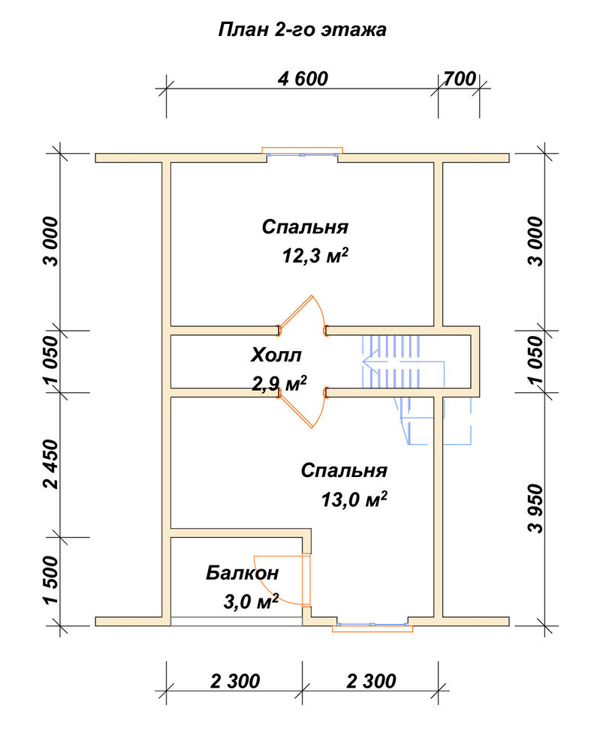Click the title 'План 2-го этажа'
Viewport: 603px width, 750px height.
302,30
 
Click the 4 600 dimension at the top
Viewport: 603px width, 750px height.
303,79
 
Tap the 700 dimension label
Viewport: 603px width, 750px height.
460,79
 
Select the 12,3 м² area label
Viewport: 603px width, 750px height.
315,256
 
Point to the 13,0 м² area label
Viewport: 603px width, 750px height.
354,499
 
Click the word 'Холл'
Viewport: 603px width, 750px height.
276,355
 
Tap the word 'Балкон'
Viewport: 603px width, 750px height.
243,572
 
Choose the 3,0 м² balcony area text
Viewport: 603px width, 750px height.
251,601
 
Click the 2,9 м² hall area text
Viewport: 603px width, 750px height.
279,383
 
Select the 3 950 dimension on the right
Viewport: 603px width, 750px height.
537,508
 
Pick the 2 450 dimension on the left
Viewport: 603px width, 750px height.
50,464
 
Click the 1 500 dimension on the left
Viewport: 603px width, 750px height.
50,580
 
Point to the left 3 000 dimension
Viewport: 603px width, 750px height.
50,241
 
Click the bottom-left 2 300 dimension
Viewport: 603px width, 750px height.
235,681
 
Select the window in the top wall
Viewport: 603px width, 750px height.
302,152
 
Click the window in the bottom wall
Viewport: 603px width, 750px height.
372,625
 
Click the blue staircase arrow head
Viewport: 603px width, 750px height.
369,361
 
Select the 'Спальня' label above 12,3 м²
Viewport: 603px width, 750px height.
305,227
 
